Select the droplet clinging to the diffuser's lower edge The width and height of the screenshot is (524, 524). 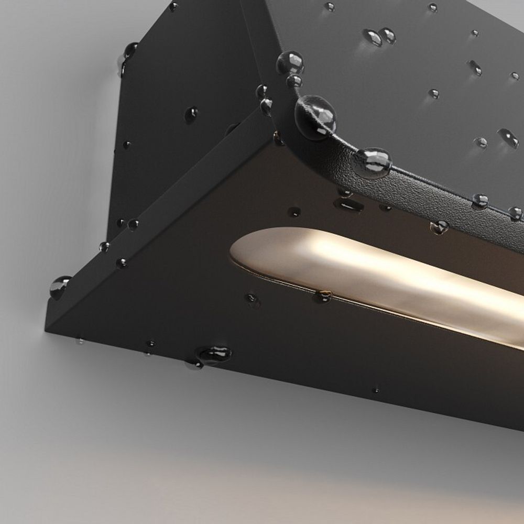pyautogui.click(x=323, y=297)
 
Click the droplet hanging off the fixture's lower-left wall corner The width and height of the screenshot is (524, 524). pyautogui.click(x=59, y=286)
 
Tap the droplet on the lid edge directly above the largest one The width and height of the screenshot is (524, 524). pyautogui.click(x=291, y=63)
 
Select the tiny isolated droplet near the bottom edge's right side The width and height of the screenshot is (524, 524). pyautogui.click(x=375, y=390)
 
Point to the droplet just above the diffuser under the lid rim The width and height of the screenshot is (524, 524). pyautogui.click(x=439, y=226)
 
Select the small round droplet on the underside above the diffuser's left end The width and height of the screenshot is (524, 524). pyautogui.click(x=294, y=212)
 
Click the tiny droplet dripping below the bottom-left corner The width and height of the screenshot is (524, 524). pyautogui.click(x=80, y=341)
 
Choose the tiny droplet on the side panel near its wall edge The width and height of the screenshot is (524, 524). pyautogui.click(x=126, y=144)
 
